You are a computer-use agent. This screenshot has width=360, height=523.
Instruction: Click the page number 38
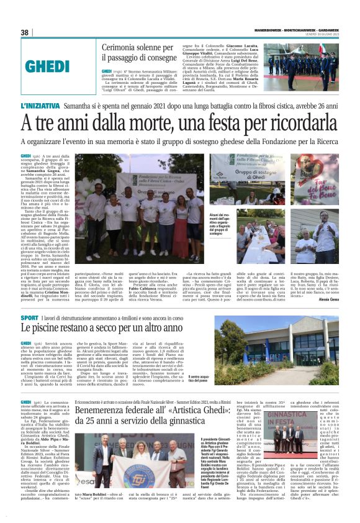25,32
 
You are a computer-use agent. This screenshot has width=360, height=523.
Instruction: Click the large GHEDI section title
56,66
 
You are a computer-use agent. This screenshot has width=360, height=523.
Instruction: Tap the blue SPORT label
29,318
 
